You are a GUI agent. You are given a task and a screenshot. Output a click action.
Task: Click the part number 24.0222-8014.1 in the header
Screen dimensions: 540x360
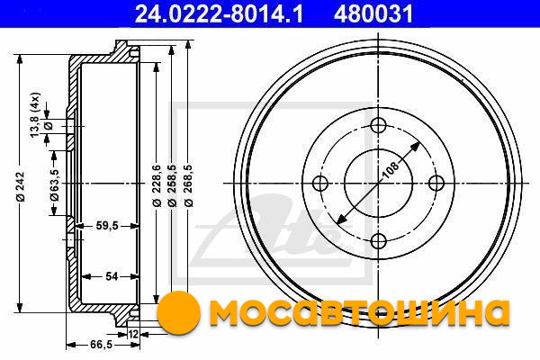pos(219,14)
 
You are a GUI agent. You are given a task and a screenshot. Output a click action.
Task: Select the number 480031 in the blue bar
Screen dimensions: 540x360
pos(373,14)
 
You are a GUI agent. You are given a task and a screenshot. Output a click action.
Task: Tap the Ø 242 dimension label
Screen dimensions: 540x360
pos(21,186)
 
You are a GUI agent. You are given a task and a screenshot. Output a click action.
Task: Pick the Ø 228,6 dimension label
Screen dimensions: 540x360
pos(157,185)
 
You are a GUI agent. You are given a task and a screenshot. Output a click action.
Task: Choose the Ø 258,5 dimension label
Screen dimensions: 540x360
pos(172,185)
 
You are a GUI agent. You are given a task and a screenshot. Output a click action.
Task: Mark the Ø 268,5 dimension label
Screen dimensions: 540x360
pos(188,185)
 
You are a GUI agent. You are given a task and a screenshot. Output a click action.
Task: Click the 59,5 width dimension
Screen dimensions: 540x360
pos(107,226)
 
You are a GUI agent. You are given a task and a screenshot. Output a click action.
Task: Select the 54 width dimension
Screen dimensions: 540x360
pos(112,276)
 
